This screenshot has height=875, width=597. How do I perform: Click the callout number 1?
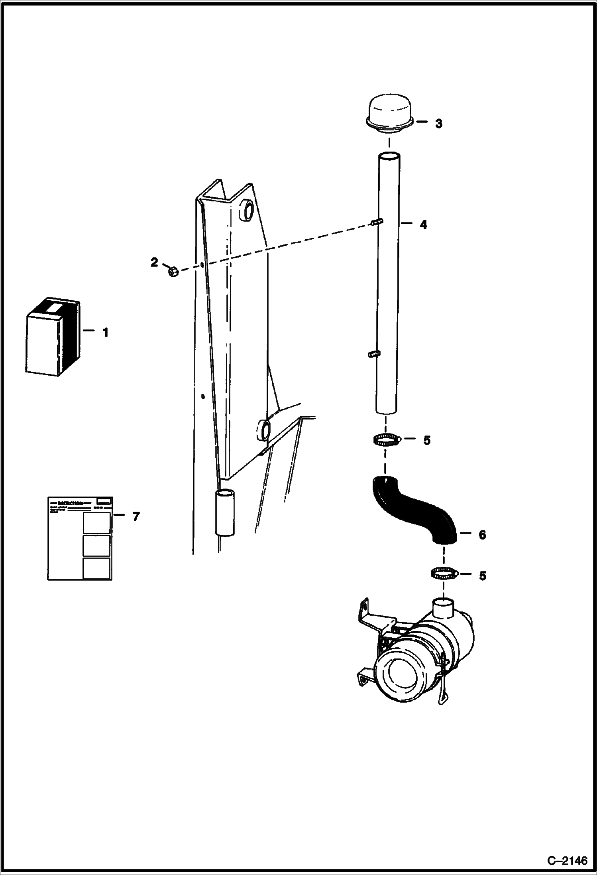[106, 332]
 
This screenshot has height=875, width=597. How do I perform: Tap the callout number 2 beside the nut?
[154, 263]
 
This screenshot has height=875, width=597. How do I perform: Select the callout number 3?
[438, 124]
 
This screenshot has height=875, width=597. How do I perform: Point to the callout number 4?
[423, 225]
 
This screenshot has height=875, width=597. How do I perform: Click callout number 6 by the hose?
[482, 535]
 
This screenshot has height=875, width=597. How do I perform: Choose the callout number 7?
[136, 517]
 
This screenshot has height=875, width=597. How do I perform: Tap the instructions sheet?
[80, 538]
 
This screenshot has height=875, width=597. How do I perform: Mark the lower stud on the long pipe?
[373, 353]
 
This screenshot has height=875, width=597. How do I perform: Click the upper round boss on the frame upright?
[246, 210]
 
